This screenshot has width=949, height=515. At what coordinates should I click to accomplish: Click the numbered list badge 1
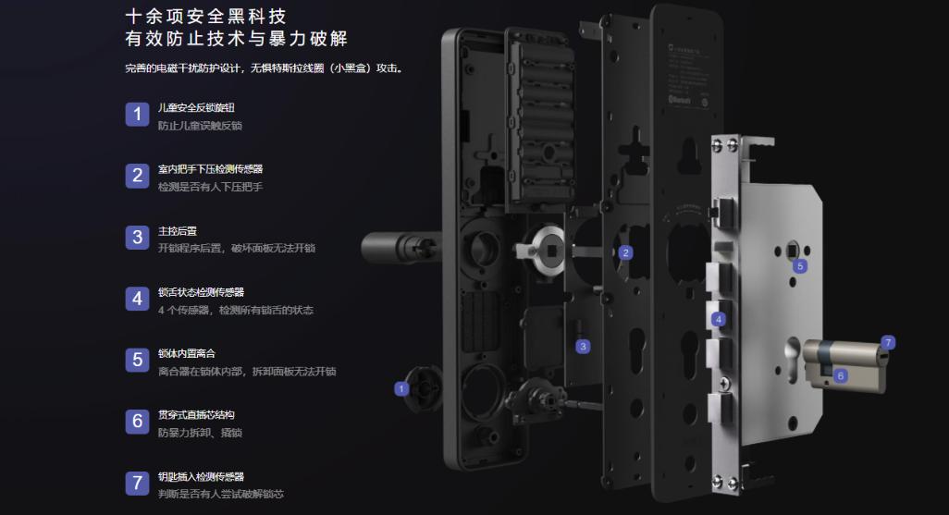(x=137, y=114)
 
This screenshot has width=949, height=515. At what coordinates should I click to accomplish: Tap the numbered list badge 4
(x=137, y=299)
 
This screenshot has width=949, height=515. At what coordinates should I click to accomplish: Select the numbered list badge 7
(x=137, y=483)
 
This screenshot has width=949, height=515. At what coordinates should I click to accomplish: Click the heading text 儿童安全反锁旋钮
(x=196, y=108)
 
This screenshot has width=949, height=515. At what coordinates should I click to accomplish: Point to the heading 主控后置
(x=178, y=231)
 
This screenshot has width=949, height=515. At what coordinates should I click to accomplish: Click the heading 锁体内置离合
(x=188, y=354)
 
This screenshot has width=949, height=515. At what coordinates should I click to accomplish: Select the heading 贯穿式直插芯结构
(x=196, y=415)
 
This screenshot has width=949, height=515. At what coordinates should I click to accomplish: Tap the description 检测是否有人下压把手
(x=211, y=187)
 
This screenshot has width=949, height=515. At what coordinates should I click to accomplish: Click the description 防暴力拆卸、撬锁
(x=200, y=433)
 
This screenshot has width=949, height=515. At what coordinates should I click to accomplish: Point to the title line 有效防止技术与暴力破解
(x=241, y=40)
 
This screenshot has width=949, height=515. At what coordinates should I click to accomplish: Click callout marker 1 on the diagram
(x=401, y=389)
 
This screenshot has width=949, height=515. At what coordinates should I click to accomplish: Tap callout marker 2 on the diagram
(x=626, y=252)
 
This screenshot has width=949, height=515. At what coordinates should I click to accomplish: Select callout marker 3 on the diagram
(x=583, y=347)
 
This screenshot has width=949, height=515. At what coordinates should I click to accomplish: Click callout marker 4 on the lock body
(x=719, y=319)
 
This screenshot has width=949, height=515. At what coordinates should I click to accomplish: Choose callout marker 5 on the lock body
(x=800, y=265)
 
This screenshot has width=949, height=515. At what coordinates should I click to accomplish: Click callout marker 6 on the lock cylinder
(x=841, y=375)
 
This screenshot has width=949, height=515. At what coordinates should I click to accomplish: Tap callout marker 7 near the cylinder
(x=888, y=342)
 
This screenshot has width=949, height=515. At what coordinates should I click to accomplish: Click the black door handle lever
(x=388, y=248)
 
